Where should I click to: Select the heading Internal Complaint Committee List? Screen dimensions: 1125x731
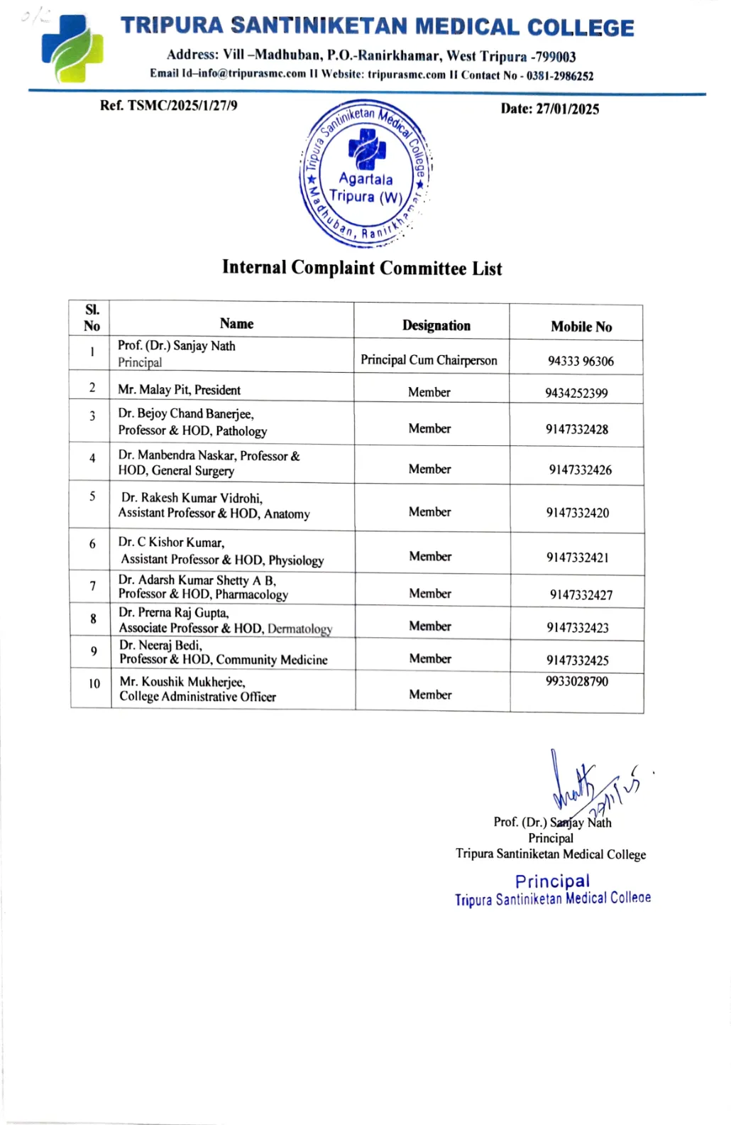click(362, 268)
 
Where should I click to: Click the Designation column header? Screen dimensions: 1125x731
click(436, 325)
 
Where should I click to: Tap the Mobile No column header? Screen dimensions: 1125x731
click(581, 327)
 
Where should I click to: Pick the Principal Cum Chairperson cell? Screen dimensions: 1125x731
click(429, 360)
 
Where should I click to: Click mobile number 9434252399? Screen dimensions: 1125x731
click(576, 393)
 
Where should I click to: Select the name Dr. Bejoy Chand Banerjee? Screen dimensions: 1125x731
click(186, 413)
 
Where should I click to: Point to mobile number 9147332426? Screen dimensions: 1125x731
click(580, 469)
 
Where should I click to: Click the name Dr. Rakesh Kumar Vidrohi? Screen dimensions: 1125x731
click(192, 498)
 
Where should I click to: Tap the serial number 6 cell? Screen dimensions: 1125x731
click(92, 544)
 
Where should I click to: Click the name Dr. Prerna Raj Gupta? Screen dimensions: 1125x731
click(174, 612)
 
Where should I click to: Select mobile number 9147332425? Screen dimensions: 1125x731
click(577, 661)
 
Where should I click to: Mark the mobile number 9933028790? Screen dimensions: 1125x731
click(576, 682)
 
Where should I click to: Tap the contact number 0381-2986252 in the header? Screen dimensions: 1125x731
click(559, 76)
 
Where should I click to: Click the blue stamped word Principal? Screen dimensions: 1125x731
click(552, 881)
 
